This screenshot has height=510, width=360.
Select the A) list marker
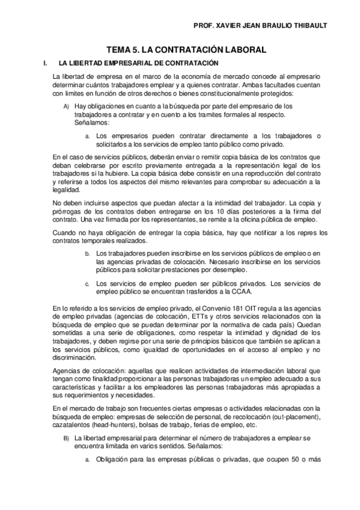pos(66,106)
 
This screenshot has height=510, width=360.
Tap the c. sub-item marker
pos(87,284)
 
